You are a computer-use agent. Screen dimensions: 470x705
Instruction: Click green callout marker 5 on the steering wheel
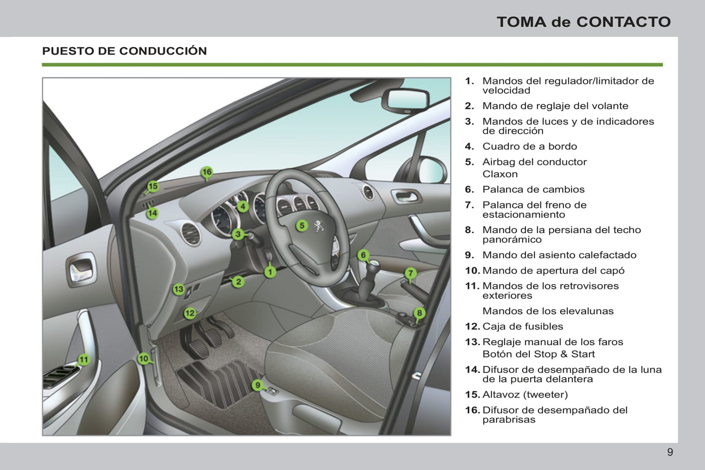pyautogui.click(x=302, y=225)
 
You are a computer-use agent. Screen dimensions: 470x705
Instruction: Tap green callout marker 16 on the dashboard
pyautogui.click(x=207, y=172)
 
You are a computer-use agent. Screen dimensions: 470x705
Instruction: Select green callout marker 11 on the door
pyautogui.click(x=84, y=360)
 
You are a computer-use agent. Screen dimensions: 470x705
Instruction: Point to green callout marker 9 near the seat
pyautogui.click(x=258, y=385)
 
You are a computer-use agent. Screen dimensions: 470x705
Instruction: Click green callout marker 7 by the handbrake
pyautogui.click(x=411, y=274)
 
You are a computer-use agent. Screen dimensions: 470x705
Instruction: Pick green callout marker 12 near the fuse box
pyautogui.click(x=190, y=313)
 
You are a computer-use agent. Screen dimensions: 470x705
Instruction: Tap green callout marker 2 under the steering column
pyautogui.click(x=238, y=281)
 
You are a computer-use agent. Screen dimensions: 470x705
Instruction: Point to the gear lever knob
pyautogui.click(x=373, y=266)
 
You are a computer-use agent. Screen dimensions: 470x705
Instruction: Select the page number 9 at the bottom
pyautogui.click(x=670, y=452)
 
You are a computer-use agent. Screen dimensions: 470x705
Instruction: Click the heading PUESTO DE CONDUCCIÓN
pyautogui.click(x=124, y=51)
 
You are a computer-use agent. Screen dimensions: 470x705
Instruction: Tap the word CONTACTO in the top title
pyautogui.click(x=624, y=22)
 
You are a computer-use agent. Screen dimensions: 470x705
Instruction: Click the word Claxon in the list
pyautogui.click(x=500, y=174)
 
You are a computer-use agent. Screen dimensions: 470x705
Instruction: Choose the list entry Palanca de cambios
pyautogui.click(x=533, y=190)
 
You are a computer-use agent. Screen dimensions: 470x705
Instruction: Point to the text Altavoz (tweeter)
pyautogui.click(x=525, y=395)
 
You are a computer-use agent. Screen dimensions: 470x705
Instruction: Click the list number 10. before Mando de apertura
pyautogui.click(x=472, y=271)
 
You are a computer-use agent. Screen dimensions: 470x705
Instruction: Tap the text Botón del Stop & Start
pyautogui.click(x=539, y=354)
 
